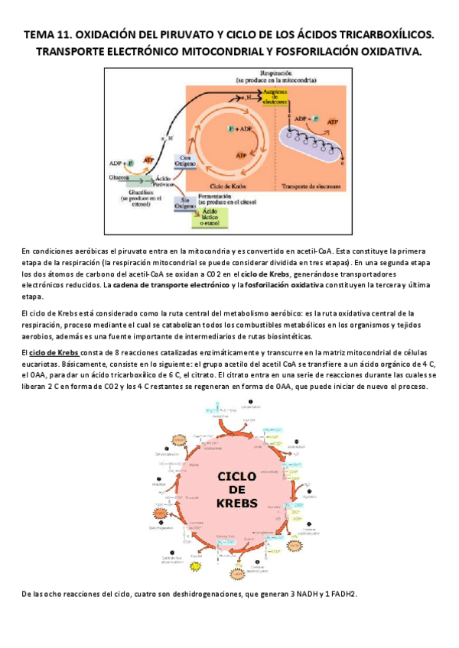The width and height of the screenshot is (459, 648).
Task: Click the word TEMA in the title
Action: (40, 34)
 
